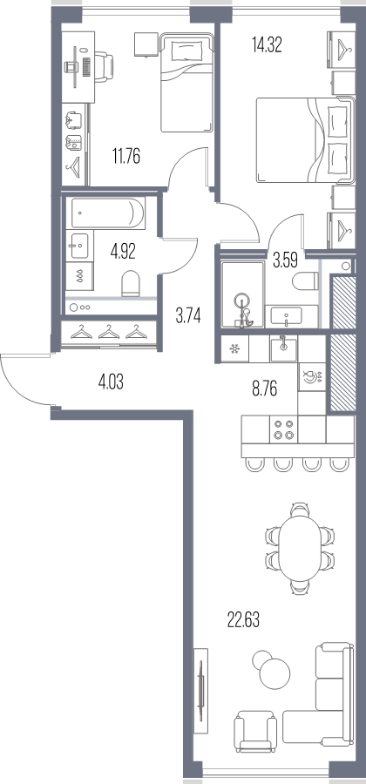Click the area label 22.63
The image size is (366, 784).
[x=243, y=620]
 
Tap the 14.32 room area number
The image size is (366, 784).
[x=267, y=45]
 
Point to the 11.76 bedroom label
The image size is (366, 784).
[x=126, y=157]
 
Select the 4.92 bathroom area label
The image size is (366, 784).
[x=123, y=251]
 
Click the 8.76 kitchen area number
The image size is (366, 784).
[x=265, y=388]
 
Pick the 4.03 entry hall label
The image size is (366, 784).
[x=111, y=383]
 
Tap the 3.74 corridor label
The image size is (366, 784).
[x=188, y=316]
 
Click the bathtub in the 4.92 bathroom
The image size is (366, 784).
[x=105, y=213]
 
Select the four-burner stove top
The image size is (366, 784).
[x=283, y=429]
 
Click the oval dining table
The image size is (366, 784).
[x=300, y=548]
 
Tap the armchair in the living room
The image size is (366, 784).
[x=255, y=732]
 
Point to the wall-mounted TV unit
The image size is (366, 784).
[x=200, y=692]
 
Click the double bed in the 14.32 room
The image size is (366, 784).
[x=305, y=140]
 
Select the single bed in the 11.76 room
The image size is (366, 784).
[x=186, y=83]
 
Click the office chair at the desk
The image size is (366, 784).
[x=104, y=65]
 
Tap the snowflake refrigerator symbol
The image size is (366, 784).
[x=234, y=349]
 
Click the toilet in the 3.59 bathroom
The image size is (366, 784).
[x=305, y=281]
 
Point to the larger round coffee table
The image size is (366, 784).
[x=274, y=672]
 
